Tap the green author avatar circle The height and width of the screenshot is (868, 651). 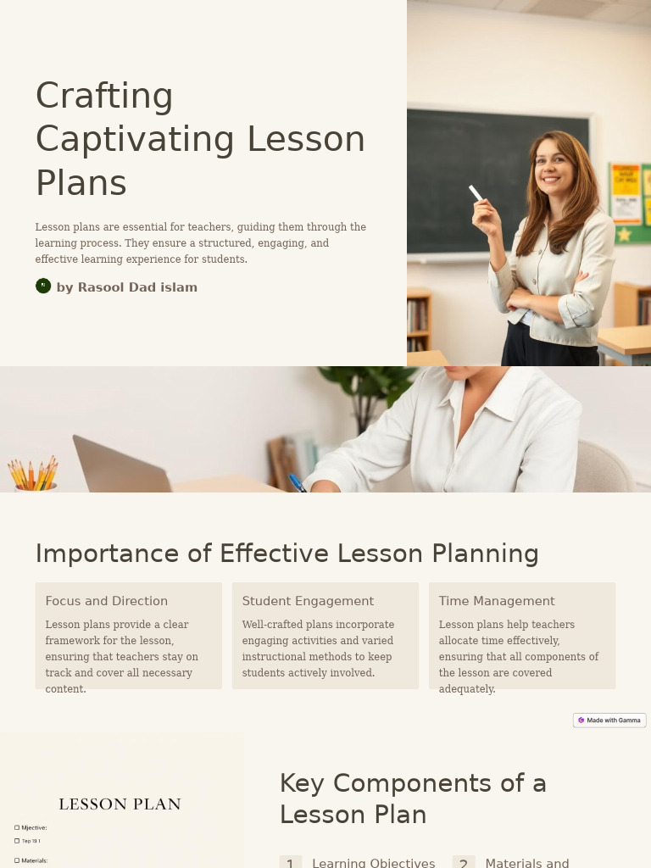coord(43,286)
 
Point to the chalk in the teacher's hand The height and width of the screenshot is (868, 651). coord(476,193)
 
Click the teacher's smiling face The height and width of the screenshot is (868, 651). coord(554,165)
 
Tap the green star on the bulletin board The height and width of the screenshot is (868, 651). coord(625,233)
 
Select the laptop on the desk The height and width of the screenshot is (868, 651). coord(119,467)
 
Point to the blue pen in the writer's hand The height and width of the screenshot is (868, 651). coord(297,483)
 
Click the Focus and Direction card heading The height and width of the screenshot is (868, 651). coord(107,601)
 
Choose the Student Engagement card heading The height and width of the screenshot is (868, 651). coord(308,601)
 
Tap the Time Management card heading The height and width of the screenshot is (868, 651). coord(497,601)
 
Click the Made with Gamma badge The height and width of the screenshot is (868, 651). coord(609,721)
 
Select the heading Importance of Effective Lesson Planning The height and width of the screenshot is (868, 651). coord(287,554)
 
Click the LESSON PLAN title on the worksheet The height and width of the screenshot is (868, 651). coord(120,804)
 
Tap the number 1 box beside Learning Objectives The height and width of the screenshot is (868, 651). coord(290,863)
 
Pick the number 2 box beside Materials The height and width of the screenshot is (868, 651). coord(463,863)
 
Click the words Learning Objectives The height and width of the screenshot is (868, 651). coord(373,863)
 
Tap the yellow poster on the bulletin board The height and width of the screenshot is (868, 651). coord(626,183)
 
